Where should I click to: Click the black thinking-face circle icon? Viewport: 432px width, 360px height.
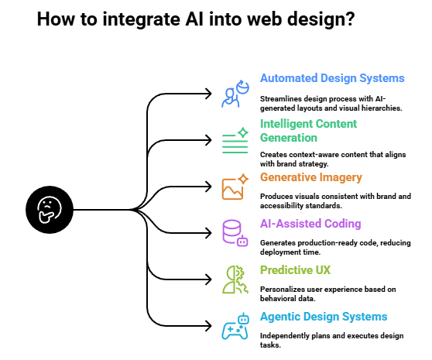[x=49, y=208]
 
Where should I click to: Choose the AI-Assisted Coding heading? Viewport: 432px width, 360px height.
[x=310, y=224]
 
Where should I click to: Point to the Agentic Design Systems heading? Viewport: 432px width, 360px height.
[x=324, y=316]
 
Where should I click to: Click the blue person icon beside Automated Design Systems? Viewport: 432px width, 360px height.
[x=233, y=93]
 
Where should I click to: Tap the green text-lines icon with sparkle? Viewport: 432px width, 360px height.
[x=234, y=140]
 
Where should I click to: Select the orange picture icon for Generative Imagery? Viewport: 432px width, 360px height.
[x=234, y=187]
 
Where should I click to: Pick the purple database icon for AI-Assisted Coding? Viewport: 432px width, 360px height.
[x=234, y=232]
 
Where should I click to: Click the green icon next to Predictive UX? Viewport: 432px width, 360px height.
[x=234, y=279]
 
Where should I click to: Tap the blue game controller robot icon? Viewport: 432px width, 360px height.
[x=234, y=326]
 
